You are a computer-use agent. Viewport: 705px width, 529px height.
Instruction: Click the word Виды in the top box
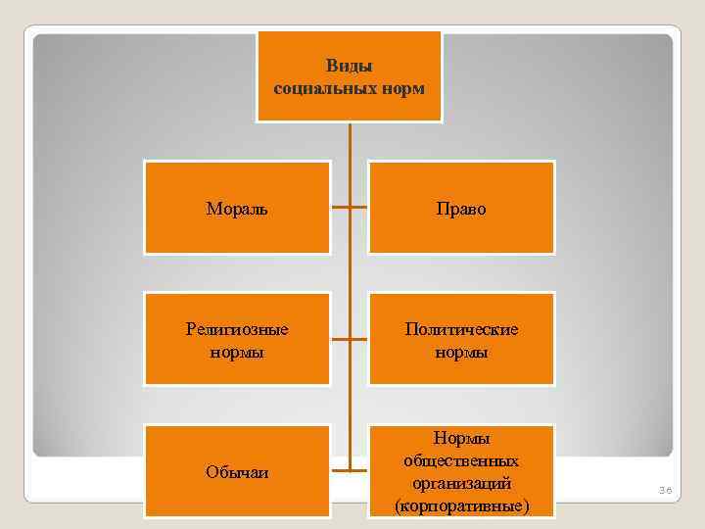(x=350, y=67)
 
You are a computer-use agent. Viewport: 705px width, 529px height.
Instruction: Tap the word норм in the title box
(x=403, y=88)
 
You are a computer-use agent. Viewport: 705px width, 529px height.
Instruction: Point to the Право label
(x=460, y=209)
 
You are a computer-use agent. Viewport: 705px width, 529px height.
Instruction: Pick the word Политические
(x=461, y=329)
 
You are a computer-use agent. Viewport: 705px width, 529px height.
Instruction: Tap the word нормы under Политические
(x=461, y=351)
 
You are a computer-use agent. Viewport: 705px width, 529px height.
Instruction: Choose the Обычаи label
(x=237, y=472)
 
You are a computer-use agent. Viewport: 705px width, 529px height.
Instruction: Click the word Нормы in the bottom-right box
(x=461, y=439)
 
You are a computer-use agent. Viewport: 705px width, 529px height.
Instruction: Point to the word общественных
(x=461, y=460)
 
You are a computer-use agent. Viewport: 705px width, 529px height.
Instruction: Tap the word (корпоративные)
(x=461, y=505)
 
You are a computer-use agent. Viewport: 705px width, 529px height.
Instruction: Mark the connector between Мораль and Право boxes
(x=350, y=208)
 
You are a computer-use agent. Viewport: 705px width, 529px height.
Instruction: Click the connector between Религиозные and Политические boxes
(x=350, y=340)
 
